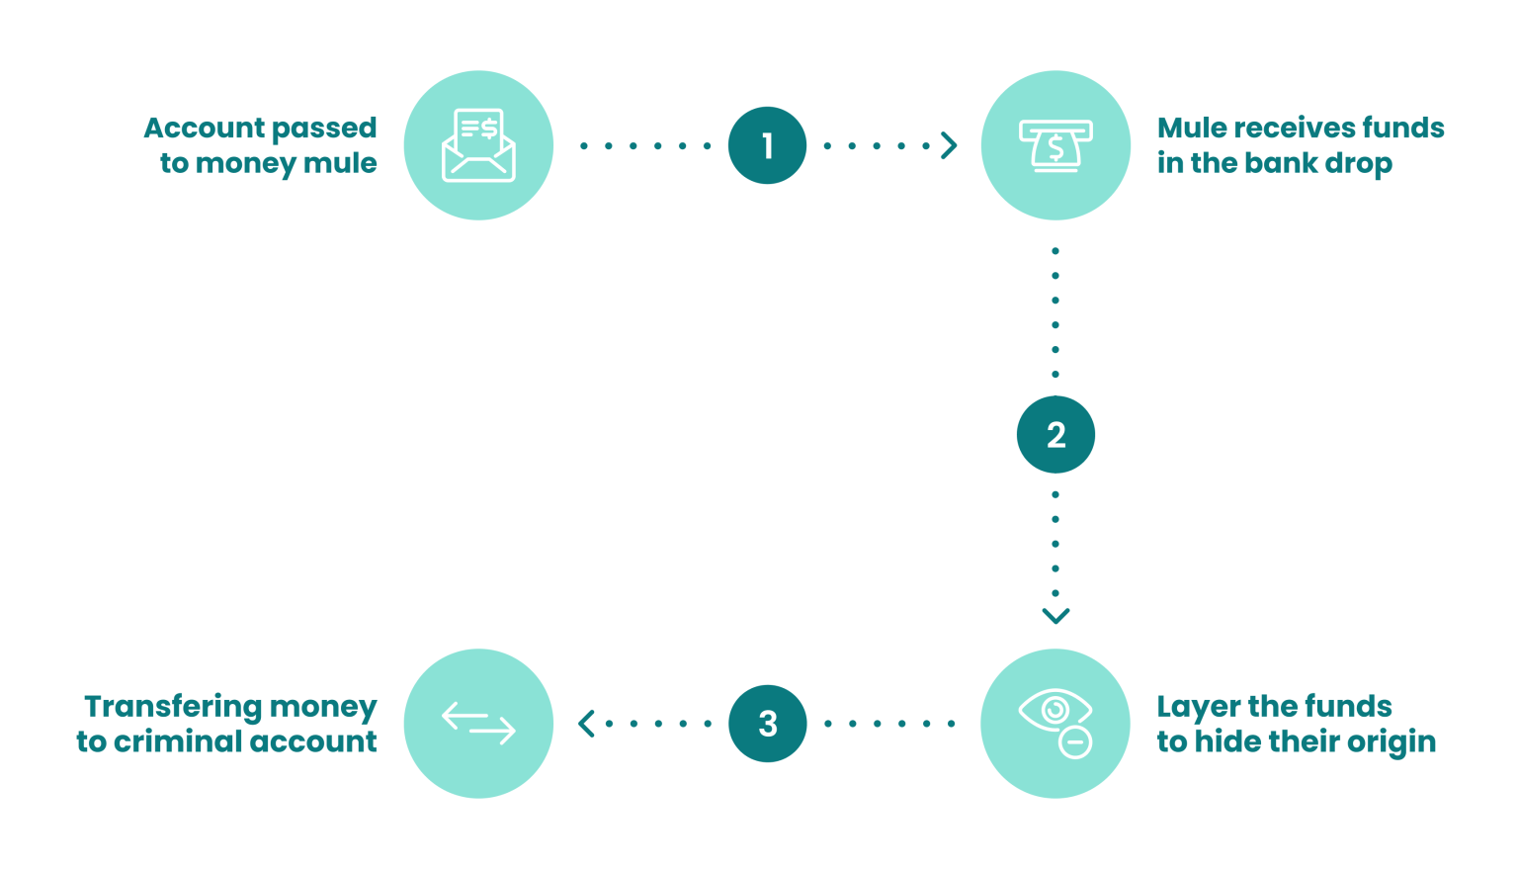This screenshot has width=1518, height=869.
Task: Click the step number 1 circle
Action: click(x=767, y=145)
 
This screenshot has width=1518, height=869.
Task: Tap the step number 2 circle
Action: click(x=1055, y=435)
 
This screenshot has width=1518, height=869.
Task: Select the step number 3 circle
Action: click(x=768, y=724)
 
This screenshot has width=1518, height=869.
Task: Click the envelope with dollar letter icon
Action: click(x=478, y=145)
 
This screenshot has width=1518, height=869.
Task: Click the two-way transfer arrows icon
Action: click(x=478, y=724)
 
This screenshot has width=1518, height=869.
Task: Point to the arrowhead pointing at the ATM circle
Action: click(x=949, y=145)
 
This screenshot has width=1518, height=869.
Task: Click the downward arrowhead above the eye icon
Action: click(x=1055, y=616)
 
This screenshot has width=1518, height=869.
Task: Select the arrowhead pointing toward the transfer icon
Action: click(x=586, y=724)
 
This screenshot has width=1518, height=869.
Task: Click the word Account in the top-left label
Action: click(x=205, y=128)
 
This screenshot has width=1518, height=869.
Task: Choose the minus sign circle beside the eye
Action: click(x=1075, y=742)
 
